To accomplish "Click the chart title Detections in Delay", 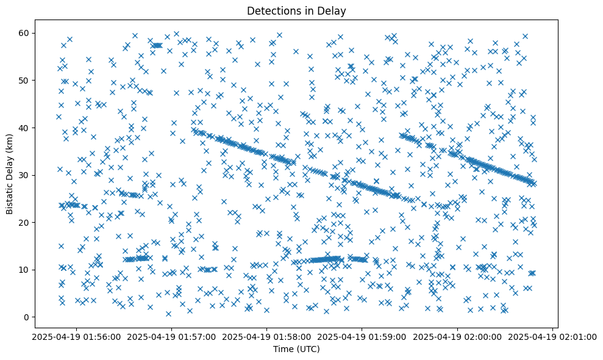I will coord(296,11).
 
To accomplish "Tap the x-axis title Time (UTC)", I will coord(296,349).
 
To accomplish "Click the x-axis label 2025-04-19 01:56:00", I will coord(76,336).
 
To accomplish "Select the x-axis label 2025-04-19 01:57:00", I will coord(171,336).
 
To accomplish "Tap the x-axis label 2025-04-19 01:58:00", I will coord(266,336).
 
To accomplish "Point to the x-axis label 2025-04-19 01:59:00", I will coord(362,336).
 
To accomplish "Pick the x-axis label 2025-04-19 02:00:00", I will coord(457,336).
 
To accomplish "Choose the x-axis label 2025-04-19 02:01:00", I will coord(552,336).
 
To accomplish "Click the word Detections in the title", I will coord(271,11).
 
